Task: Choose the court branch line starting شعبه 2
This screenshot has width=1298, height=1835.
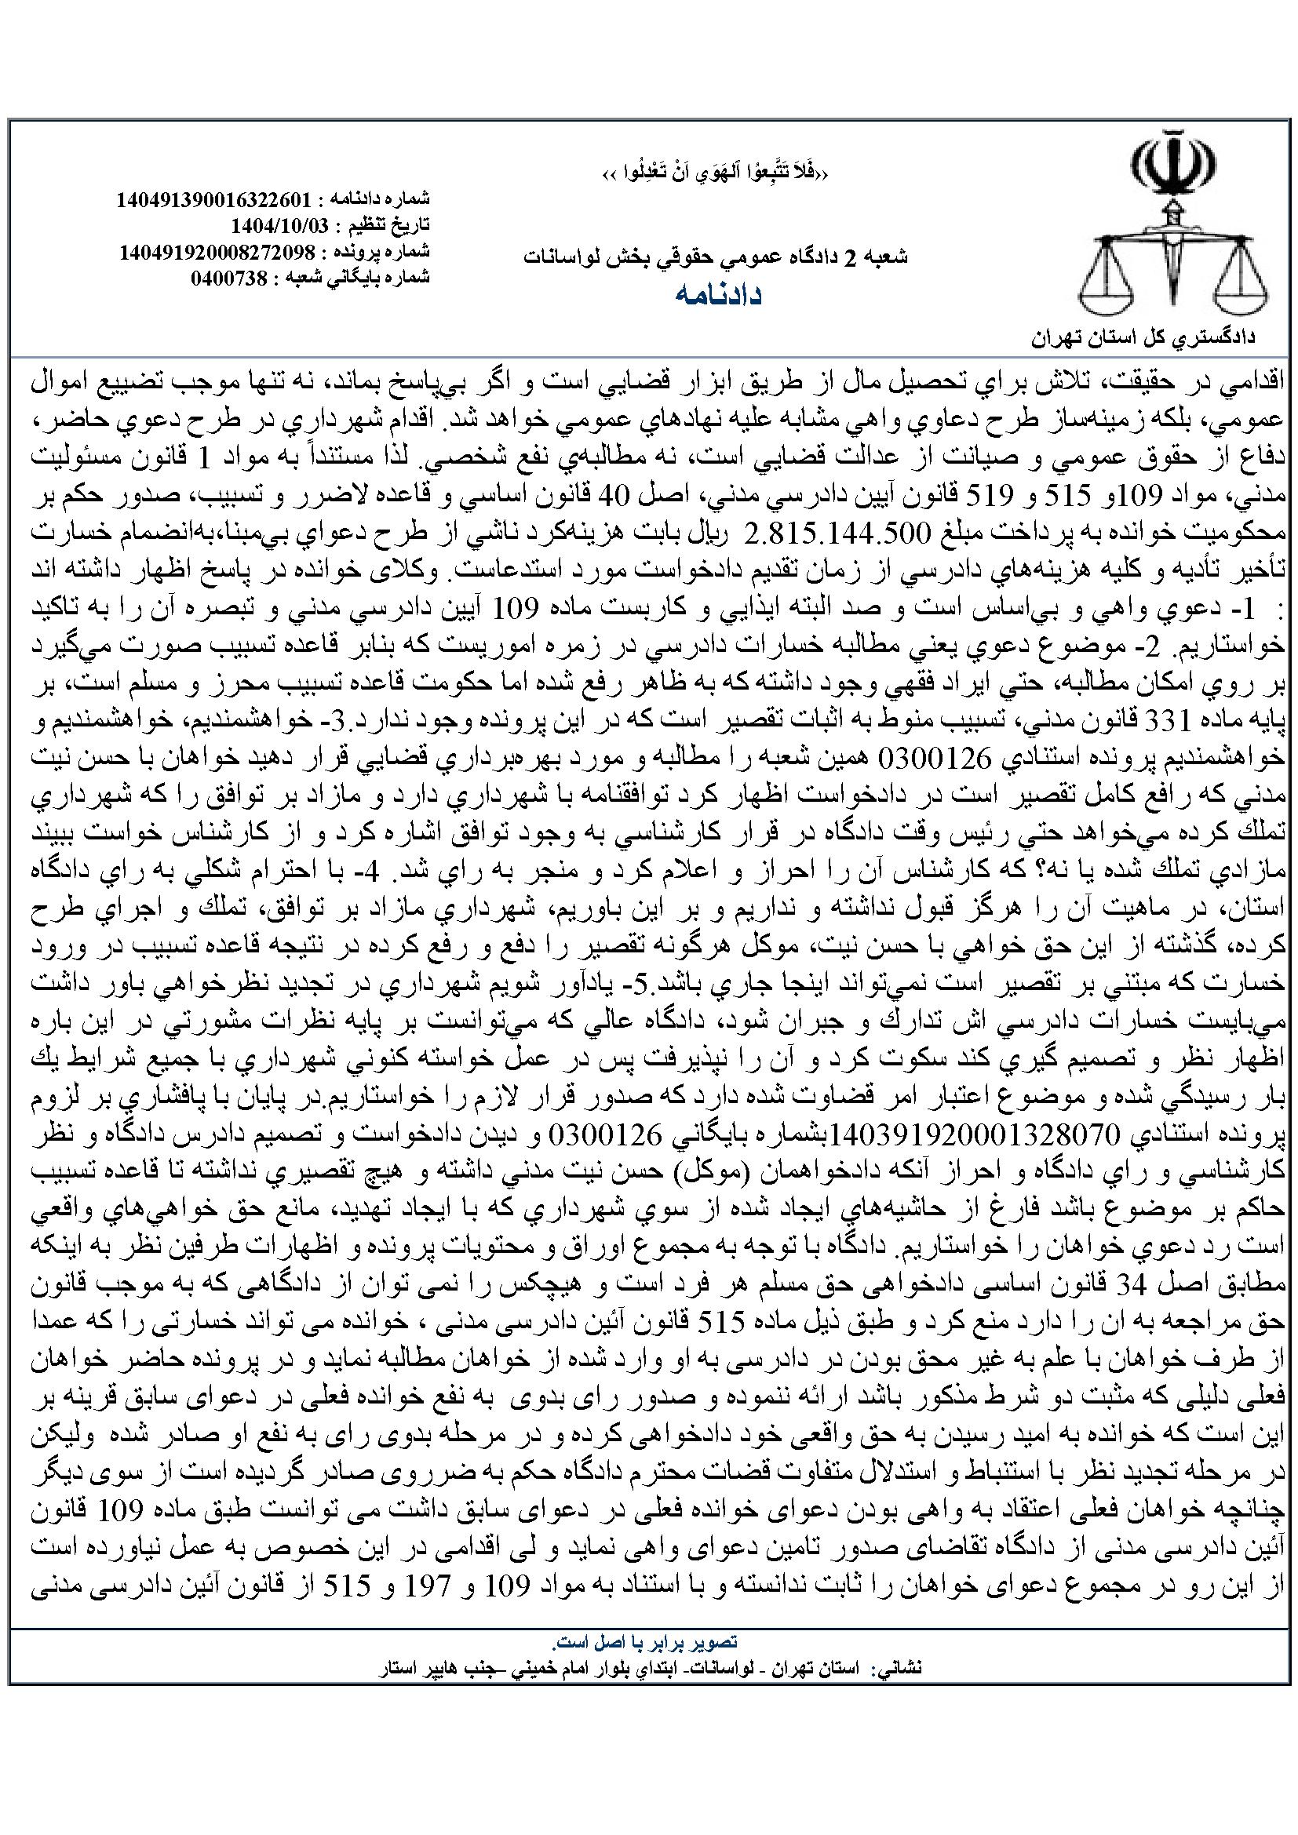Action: pyautogui.click(x=716, y=257)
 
